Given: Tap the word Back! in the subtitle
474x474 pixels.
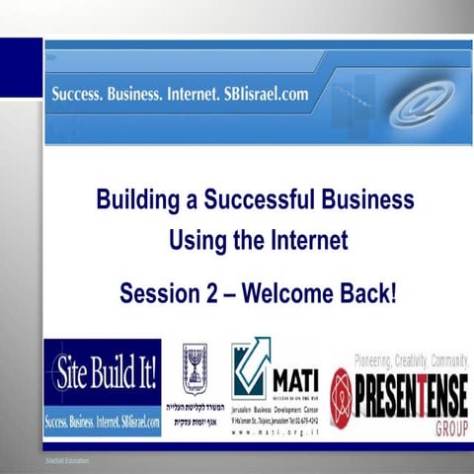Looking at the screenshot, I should pyautogui.click(x=369, y=293).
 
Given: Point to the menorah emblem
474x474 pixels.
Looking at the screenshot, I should pyautogui.click(x=195, y=368).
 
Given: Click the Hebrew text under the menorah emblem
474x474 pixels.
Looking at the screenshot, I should pyautogui.click(x=195, y=412).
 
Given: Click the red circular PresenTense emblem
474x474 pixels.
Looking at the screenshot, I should pyautogui.click(x=342, y=384).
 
